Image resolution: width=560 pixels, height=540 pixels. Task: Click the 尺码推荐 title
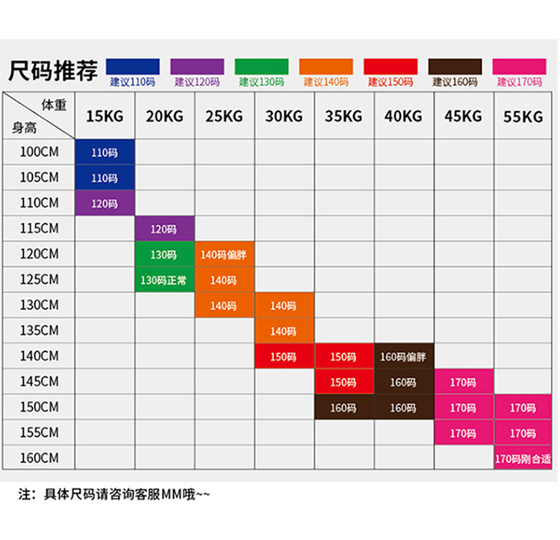[x=53, y=72]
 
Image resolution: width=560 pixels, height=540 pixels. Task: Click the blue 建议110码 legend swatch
[x=133, y=66]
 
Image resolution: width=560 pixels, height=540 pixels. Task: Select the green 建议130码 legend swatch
[x=261, y=66]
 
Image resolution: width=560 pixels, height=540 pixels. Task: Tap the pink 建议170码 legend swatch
[x=519, y=66]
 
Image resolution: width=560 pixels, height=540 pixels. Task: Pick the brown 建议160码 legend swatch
[x=454, y=66]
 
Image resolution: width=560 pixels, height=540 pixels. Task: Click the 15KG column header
[x=105, y=117]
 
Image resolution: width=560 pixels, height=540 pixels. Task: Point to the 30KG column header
[x=284, y=117]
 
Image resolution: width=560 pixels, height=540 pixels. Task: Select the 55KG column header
[x=523, y=117]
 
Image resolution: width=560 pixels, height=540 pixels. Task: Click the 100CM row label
[x=40, y=152]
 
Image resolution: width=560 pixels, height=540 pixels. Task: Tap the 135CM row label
[x=40, y=330]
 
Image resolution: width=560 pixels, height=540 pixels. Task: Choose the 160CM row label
[x=40, y=457]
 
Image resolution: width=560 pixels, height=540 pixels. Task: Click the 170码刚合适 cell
[x=523, y=458]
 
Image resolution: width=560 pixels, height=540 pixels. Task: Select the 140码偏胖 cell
[x=224, y=255]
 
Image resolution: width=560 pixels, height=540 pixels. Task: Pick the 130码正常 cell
[x=164, y=280]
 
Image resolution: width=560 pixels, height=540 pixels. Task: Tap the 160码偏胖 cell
[x=403, y=356]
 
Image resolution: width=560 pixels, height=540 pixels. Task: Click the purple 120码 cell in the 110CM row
[x=105, y=203]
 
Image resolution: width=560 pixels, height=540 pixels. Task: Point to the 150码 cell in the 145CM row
[x=343, y=382]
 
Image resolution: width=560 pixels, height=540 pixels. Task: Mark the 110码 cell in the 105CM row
[x=105, y=178]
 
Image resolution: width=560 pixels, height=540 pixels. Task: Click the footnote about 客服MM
[x=116, y=494]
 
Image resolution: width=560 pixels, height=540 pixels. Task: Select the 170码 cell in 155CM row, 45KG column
[x=463, y=432]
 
